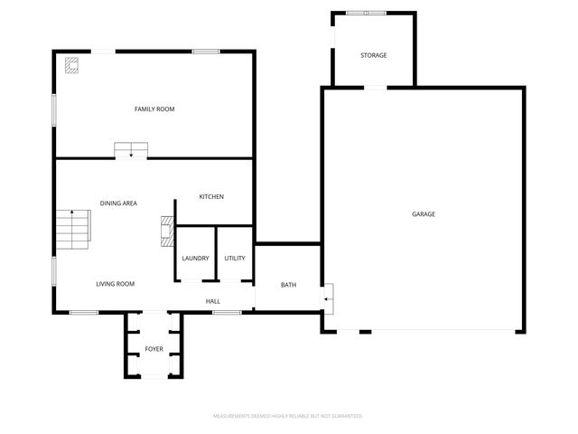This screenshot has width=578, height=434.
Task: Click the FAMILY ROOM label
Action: (154, 109)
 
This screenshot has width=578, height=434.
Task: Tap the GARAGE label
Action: (424, 214)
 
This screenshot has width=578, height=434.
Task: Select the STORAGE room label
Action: (374, 55)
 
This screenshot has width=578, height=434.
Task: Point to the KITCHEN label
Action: (211, 197)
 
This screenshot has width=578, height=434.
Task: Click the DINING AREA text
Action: (118, 203)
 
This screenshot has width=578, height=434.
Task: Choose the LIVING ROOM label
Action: (116, 284)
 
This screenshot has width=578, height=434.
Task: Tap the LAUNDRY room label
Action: (195, 259)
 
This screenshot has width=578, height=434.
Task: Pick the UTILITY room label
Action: (235, 259)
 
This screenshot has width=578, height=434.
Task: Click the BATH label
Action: (288, 285)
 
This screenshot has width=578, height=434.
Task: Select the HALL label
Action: (213, 301)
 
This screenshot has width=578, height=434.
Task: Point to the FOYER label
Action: (154, 348)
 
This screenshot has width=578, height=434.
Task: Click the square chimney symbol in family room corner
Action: (71, 64)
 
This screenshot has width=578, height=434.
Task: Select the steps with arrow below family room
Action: (131, 150)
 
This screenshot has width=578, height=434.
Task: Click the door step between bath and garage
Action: (329, 296)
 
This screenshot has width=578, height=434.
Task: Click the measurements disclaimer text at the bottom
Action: (288, 416)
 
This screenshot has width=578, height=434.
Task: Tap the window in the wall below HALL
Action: (227, 313)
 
